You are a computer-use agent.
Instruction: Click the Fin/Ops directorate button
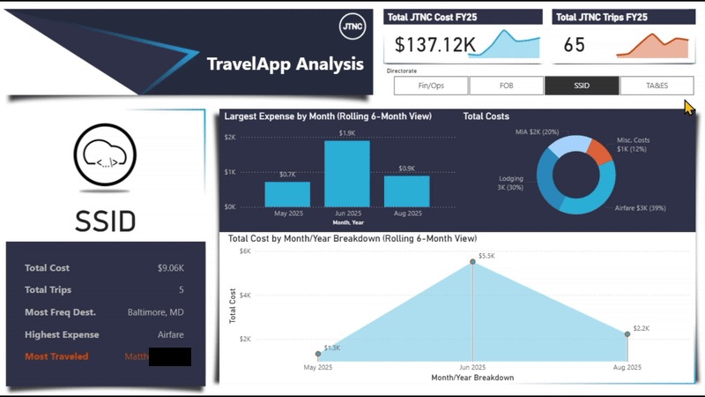pos(430,86)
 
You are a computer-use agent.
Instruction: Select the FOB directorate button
pos(506,86)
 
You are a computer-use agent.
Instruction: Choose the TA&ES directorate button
pos(656,86)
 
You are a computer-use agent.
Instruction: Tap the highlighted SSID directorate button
pos(581,86)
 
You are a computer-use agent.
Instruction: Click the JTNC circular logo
pos(352,26)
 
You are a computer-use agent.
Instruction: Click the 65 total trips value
pos(574,45)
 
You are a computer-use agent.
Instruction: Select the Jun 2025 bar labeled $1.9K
pos(347,174)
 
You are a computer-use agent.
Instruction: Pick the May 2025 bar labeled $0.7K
pos(287,194)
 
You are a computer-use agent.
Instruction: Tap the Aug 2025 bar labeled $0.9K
pos(406,191)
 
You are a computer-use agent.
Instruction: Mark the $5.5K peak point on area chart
pos(473,264)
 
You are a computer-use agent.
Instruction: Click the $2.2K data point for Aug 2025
pos(627,333)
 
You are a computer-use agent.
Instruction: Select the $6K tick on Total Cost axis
pos(246,251)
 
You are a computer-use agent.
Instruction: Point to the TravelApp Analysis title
pos(284,64)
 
